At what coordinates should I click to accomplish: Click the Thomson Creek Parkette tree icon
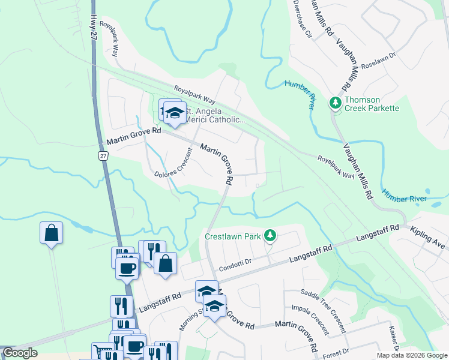(x=335, y=103)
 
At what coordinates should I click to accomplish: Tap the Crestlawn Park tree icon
(x=270, y=236)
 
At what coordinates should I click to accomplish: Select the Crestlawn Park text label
(x=233, y=236)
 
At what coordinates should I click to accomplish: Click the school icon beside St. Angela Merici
(x=175, y=112)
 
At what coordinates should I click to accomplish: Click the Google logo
(x=20, y=353)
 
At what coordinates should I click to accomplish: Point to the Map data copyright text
(x=412, y=355)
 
